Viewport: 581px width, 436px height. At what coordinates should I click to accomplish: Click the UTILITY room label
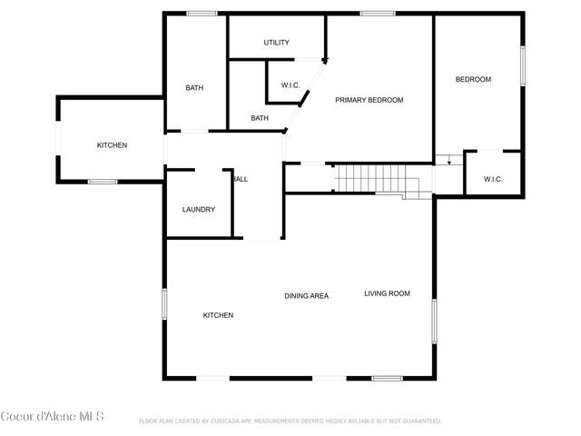click(x=276, y=43)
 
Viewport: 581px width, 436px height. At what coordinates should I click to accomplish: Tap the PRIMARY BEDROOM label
click(x=369, y=100)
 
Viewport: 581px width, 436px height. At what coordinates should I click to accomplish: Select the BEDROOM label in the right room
click(x=473, y=80)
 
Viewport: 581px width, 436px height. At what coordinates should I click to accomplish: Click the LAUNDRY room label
click(x=198, y=210)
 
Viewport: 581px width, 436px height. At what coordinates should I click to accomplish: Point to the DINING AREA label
click(x=306, y=296)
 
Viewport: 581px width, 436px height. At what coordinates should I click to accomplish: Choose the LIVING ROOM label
click(x=388, y=293)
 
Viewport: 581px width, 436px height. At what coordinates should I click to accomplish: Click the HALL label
click(x=241, y=179)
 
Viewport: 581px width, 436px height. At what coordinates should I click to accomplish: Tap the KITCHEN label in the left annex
click(x=113, y=146)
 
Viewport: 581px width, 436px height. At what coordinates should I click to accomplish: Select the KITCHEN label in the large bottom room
click(x=218, y=315)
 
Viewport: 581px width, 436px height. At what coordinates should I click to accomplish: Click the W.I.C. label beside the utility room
click(x=290, y=85)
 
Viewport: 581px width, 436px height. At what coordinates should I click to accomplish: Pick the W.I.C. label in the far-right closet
click(x=493, y=179)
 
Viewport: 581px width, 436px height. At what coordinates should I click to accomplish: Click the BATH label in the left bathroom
click(x=194, y=88)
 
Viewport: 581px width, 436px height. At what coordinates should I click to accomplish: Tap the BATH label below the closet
click(x=260, y=118)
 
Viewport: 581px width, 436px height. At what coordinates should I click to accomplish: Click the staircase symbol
click(x=372, y=179)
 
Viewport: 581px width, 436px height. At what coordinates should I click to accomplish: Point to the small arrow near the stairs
click(x=447, y=162)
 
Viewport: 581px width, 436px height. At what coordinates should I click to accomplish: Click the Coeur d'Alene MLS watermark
click(x=52, y=417)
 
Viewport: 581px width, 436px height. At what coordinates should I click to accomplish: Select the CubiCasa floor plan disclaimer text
click(x=290, y=421)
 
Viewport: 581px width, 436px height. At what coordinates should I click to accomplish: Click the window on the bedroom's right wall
click(x=523, y=65)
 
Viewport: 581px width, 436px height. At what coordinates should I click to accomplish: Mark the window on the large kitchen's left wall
click(x=164, y=303)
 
